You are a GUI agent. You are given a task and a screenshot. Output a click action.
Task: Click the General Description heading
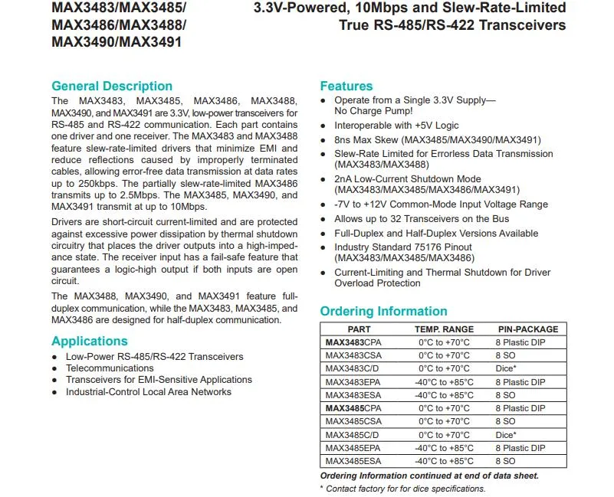click(x=112, y=86)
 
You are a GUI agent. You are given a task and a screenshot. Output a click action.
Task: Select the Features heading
click(x=346, y=86)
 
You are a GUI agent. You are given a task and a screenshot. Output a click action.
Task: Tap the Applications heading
click(x=90, y=341)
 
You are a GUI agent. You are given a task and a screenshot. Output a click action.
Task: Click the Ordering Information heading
click(x=383, y=311)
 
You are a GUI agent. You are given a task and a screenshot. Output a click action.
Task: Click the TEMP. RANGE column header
click(x=444, y=329)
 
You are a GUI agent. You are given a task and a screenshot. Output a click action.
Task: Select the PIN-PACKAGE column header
click(x=528, y=329)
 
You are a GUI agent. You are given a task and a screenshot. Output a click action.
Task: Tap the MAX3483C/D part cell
click(x=353, y=368)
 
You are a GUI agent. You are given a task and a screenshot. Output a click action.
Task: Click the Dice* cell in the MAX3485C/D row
click(x=506, y=434)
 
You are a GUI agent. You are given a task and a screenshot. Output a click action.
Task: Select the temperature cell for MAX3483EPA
click(x=444, y=382)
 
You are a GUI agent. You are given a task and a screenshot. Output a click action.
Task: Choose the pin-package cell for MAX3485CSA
click(x=505, y=421)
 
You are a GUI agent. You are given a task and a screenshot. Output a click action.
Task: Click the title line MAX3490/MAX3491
click(x=117, y=42)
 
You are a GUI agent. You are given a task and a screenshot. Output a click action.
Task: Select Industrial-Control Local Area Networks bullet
click(x=148, y=391)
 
